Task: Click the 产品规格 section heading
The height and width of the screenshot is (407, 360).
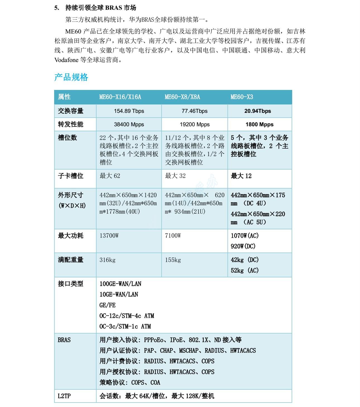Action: pos(71,77)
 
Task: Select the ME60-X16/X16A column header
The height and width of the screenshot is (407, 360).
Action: pos(120,97)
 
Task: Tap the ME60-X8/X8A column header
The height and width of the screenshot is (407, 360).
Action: pos(182,97)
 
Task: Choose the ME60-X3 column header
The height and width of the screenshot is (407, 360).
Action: pos(242,97)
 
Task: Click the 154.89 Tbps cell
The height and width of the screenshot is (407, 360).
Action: pos(129,111)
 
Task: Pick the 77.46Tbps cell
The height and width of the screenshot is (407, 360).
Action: pos(195,111)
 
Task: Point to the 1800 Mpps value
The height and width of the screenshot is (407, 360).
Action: pos(259,124)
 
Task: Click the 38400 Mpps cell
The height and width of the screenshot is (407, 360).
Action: pos(129,124)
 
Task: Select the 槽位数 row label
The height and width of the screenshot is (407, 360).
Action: pos(67,137)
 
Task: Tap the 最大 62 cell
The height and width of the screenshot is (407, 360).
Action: pos(110,176)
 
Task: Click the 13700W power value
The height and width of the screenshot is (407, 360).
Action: pos(109,235)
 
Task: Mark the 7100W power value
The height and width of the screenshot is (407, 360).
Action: pos(173,235)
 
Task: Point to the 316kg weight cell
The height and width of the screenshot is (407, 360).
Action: pos(107,260)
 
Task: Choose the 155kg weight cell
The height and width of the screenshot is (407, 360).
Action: pos(173,260)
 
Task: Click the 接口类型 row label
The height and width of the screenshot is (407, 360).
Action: pos(70,284)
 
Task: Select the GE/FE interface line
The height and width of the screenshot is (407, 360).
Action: pos(107,305)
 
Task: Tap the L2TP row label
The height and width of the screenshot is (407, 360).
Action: pos(64,396)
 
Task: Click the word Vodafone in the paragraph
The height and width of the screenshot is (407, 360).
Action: pos(66,60)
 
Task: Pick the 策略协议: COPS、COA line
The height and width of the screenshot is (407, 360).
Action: pos(130,382)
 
